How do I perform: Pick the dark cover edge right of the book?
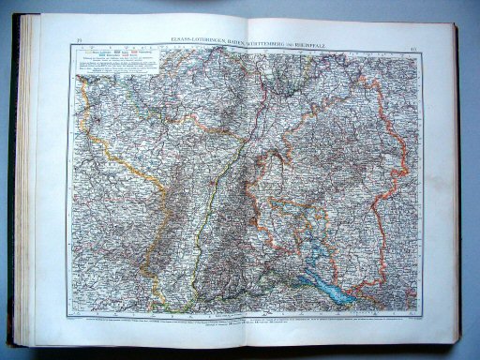[x=465, y=187]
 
